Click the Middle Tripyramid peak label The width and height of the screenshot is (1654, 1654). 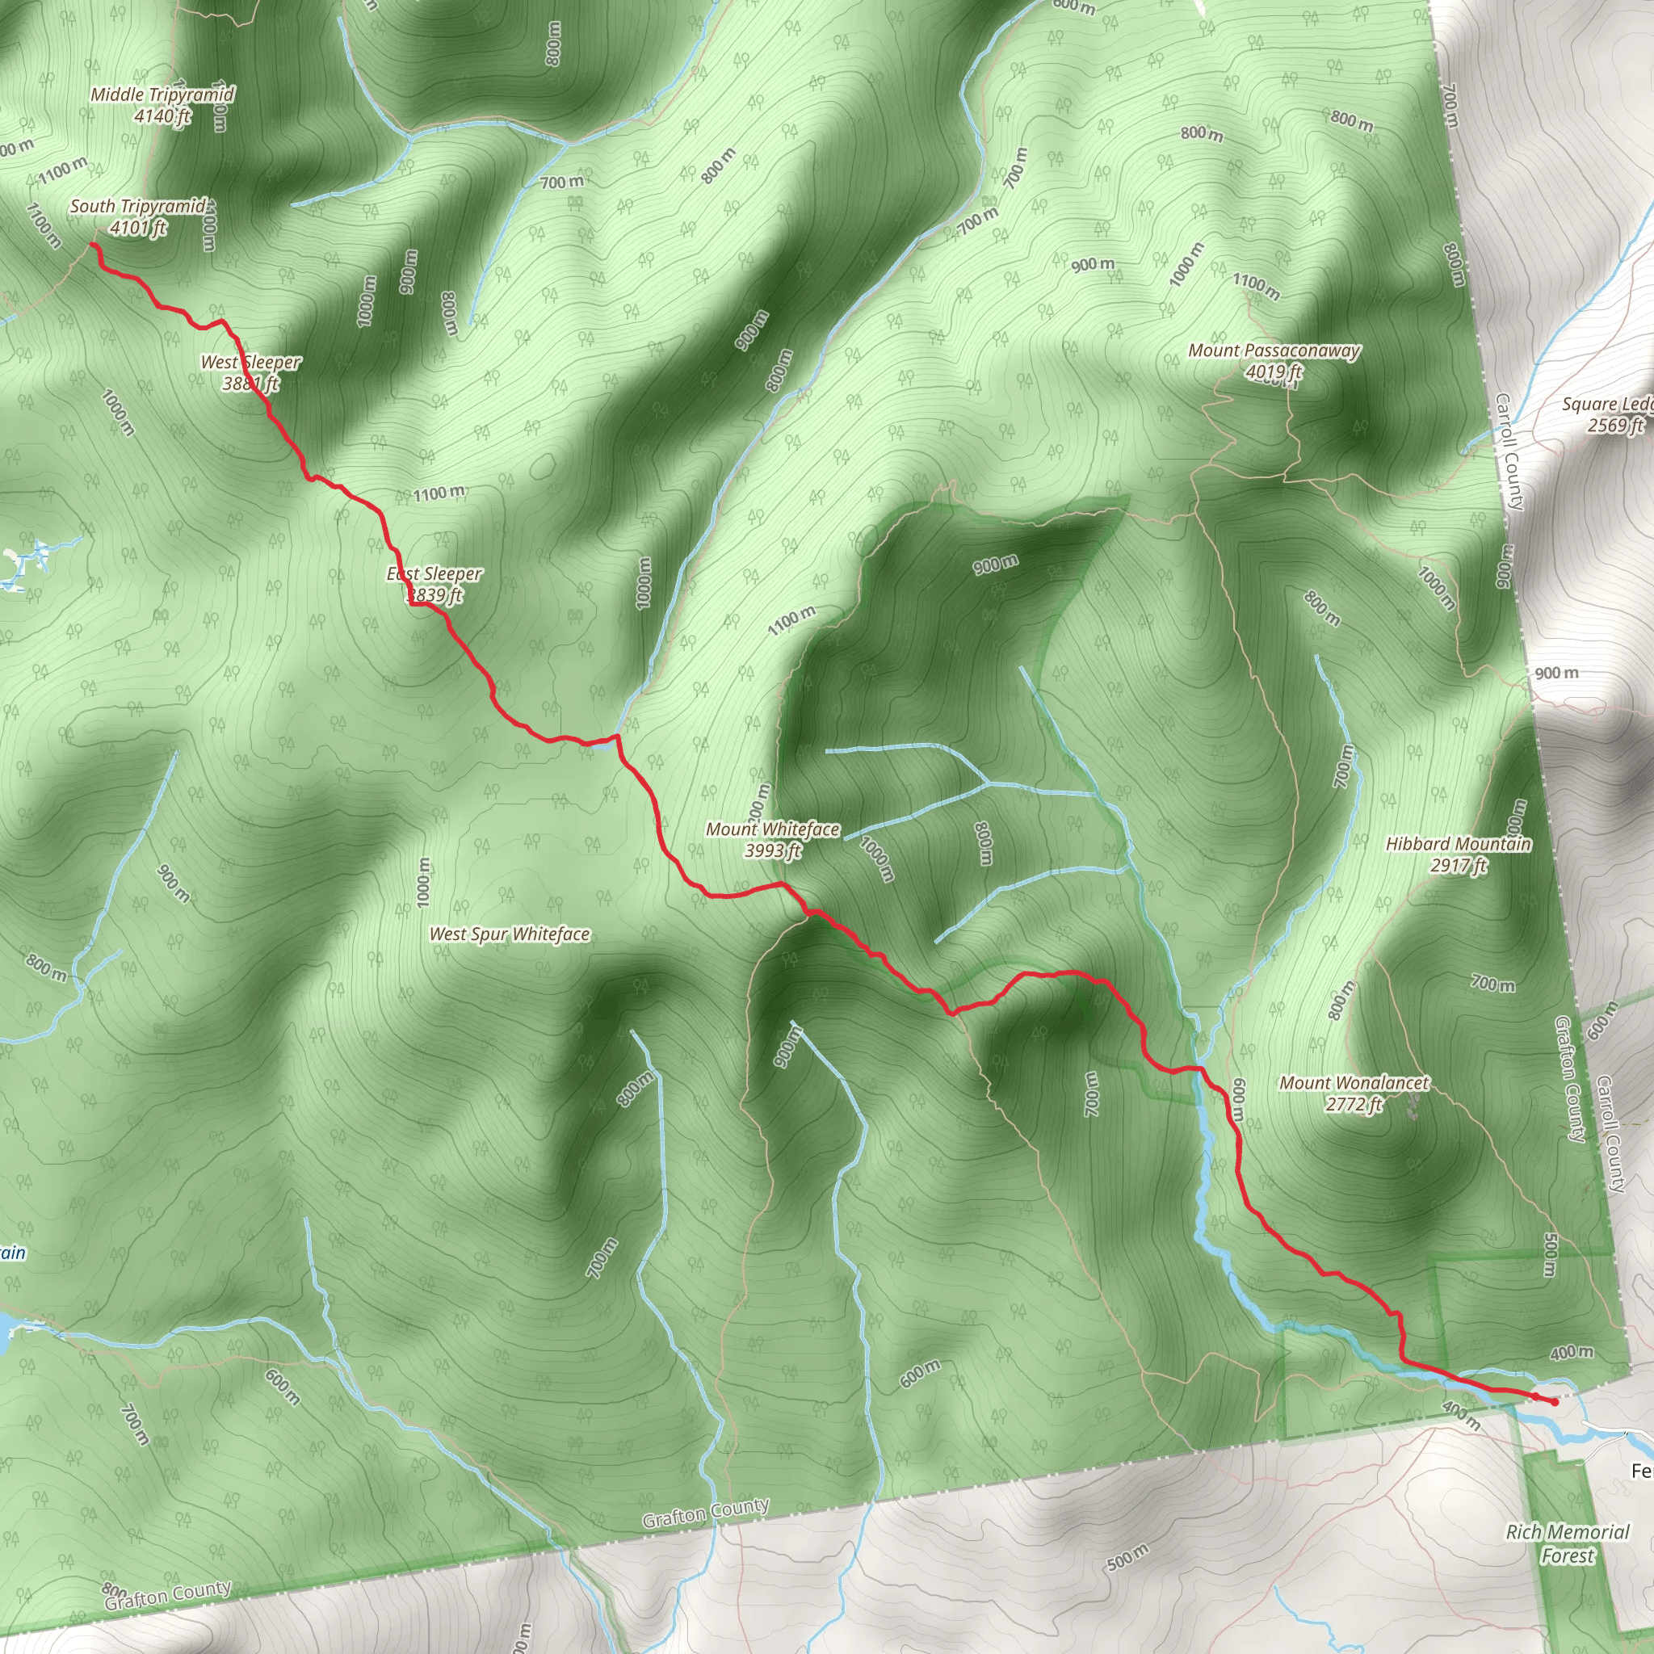click(162, 104)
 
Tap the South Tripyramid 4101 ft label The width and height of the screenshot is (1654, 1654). click(138, 216)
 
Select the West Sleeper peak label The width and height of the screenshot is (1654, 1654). click(250, 372)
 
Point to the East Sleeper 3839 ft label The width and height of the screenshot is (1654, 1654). click(434, 584)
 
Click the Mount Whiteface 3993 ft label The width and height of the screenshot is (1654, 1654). click(772, 839)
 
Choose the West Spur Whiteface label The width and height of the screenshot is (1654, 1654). click(510, 934)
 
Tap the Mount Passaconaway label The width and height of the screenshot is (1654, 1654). click(1274, 360)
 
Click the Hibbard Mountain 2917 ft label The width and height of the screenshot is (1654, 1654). click(1458, 854)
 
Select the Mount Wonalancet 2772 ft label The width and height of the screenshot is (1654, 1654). click(1354, 1094)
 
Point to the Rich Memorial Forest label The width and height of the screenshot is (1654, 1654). click(1568, 1543)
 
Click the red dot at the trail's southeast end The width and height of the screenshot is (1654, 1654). click(1554, 1402)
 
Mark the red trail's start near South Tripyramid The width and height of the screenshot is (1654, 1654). click(92, 246)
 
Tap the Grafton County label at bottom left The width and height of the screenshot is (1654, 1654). click(168, 1595)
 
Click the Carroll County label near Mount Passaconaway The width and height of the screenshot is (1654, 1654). click(1509, 451)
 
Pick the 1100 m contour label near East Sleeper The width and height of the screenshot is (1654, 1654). click(439, 493)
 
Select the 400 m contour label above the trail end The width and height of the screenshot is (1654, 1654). click(1571, 1353)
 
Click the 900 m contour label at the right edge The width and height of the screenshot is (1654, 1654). click(1556, 673)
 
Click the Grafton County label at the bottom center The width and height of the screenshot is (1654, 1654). click(707, 1513)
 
